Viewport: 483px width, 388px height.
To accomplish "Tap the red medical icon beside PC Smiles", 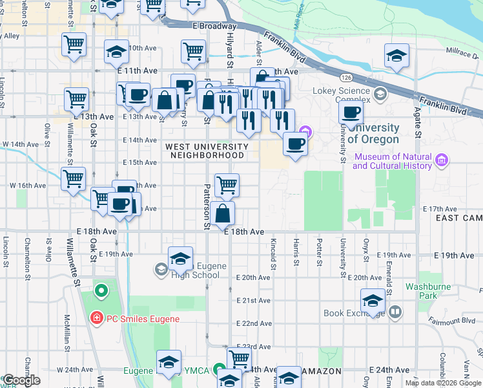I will (96, 318).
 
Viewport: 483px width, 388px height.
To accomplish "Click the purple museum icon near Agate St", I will (442, 160).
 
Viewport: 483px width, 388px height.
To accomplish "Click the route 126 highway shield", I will (347, 77).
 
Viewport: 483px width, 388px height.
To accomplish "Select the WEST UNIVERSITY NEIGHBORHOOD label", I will (205, 151).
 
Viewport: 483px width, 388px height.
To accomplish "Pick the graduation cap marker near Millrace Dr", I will (396, 56).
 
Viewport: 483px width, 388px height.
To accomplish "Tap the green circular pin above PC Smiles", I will (101, 291).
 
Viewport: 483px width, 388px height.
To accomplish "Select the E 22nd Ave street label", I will (253, 323).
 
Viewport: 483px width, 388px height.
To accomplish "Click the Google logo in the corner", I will (21, 381).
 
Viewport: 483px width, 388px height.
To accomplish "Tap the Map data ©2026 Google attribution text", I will (443, 383).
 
